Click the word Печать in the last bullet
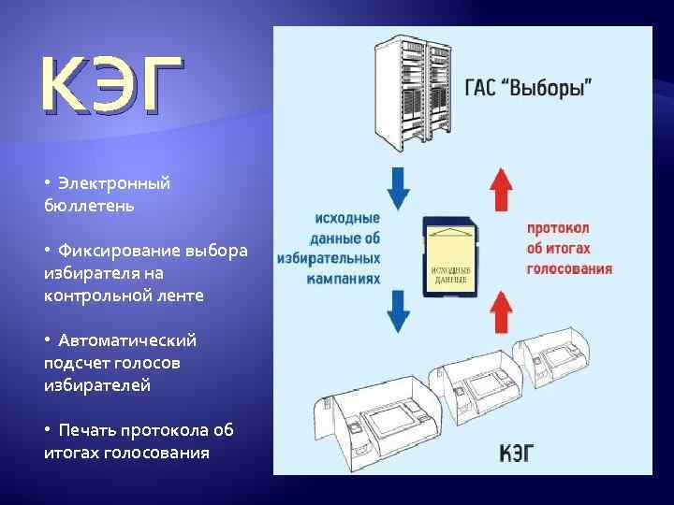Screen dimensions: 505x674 click(87, 430)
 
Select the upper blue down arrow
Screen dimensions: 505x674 click(399, 187)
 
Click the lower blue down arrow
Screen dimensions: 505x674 click(399, 311)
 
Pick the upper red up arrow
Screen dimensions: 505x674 click(503, 187)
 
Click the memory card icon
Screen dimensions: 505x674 click(450, 253)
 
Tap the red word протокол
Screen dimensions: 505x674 click(558, 229)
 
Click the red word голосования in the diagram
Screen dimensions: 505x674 click(569, 268)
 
